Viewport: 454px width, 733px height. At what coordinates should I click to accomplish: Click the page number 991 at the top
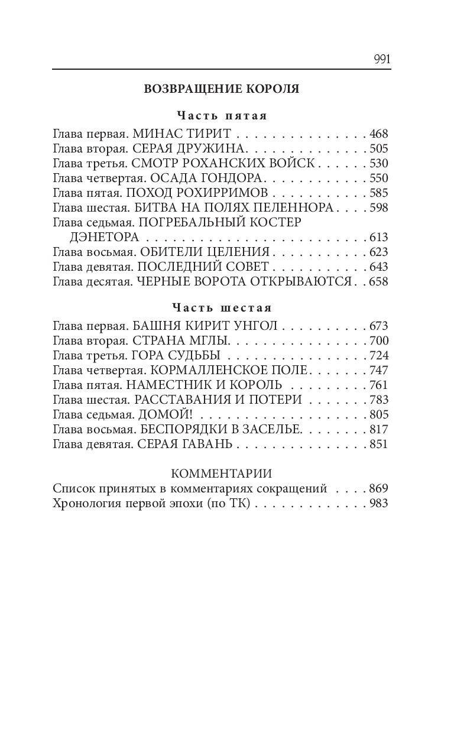coord(382,59)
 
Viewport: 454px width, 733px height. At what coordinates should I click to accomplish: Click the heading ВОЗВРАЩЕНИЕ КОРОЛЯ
coord(222,89)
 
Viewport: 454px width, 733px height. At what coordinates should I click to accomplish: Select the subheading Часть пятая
coord(222,115)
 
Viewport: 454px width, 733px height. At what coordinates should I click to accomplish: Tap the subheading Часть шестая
coord(222,307)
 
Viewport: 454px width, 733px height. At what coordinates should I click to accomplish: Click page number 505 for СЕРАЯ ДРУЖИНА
coord(378,148)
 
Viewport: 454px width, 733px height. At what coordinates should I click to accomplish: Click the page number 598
coord(378,207)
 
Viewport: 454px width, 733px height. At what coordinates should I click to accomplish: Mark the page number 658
coord(378,282)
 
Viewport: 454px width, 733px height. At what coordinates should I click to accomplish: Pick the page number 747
coord(378,371)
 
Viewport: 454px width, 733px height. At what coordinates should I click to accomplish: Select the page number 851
coord(378,445)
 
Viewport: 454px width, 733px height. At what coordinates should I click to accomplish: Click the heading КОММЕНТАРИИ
coord(222,474)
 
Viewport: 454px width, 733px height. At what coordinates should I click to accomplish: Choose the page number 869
coord(378,489)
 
